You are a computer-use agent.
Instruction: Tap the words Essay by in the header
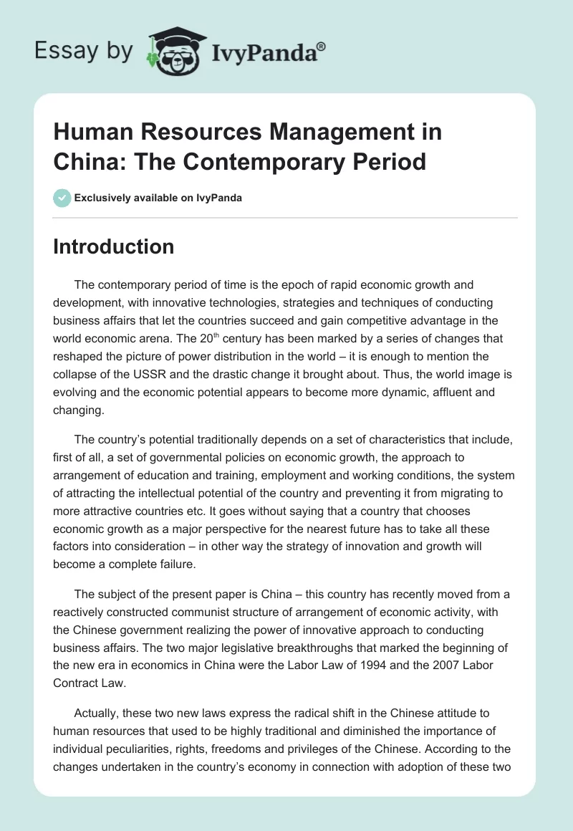click(x=83, y=51)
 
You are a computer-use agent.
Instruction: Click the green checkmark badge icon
click(x=62, y=198)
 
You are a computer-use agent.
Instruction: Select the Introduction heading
click(x=114, y=246)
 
